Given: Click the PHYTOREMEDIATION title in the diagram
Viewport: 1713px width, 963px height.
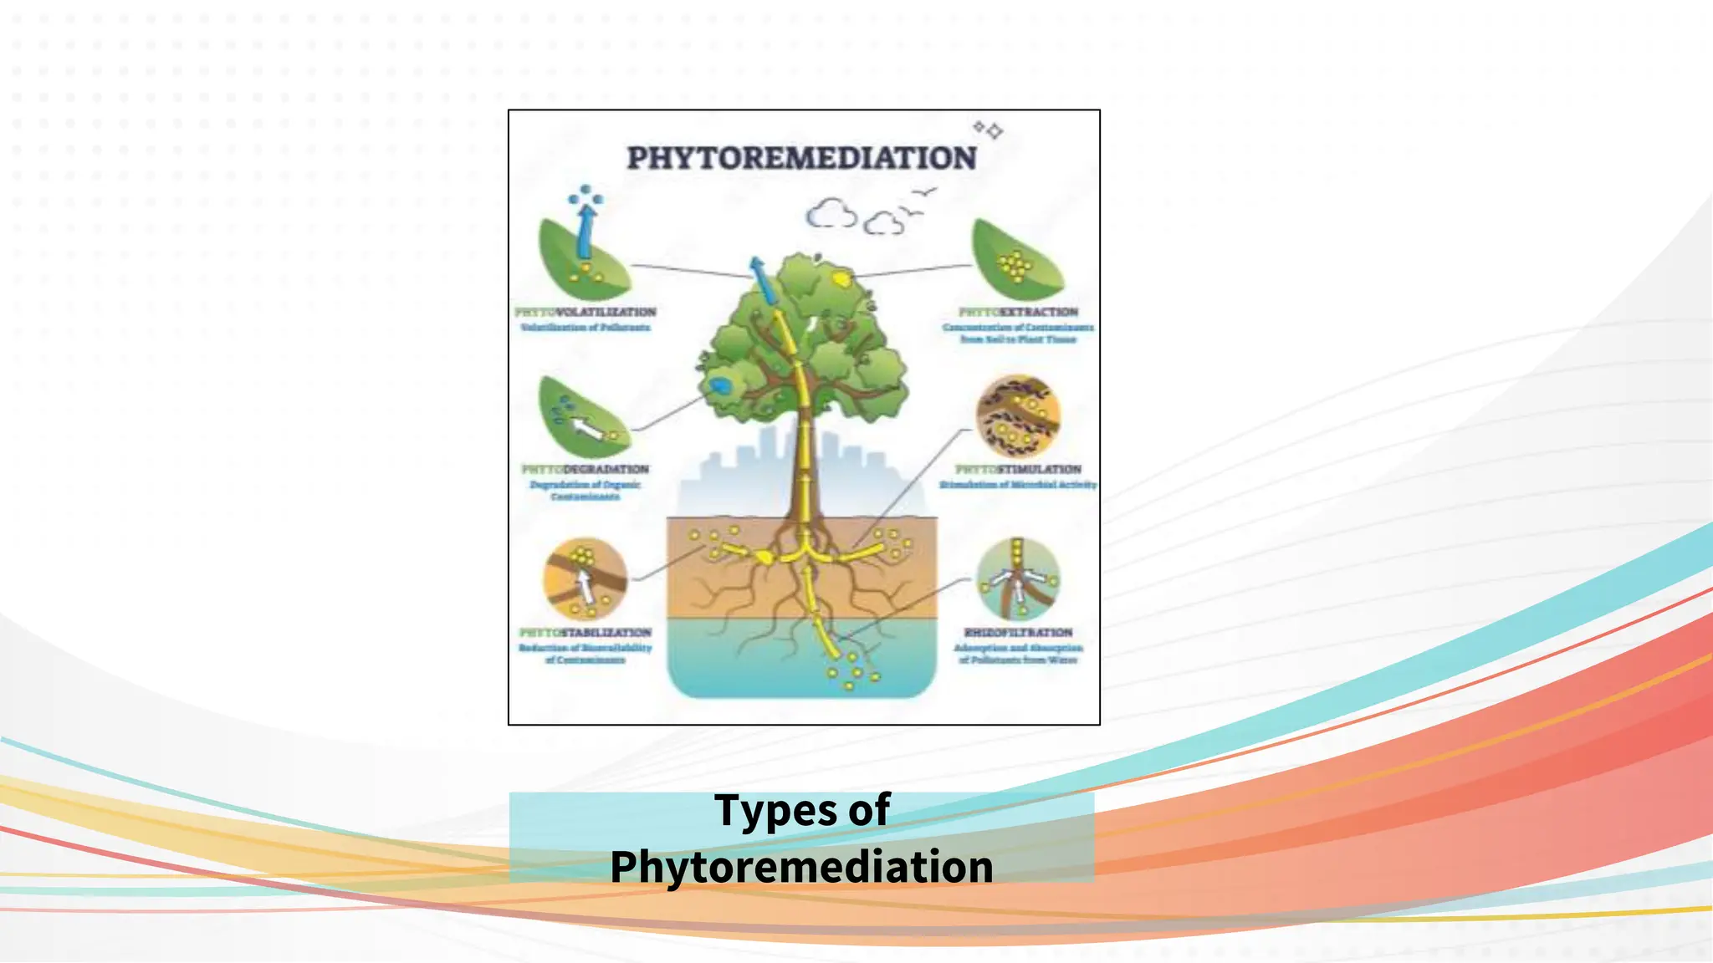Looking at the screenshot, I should point(801,158).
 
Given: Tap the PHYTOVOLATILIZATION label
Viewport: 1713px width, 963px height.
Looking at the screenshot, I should point(585,312).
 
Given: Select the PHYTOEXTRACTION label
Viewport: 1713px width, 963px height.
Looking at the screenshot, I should point(1018,312).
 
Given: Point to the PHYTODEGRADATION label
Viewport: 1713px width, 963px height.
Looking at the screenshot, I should point(585,469).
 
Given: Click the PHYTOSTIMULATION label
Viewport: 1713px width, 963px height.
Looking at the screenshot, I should point(1018,469).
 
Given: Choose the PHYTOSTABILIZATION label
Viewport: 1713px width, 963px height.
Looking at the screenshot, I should point(585,633).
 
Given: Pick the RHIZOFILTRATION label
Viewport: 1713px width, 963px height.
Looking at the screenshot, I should point(1018,633).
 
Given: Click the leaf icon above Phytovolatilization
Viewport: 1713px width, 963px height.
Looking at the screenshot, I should point(583,259).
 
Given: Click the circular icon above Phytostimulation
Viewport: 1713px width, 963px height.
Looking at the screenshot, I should point(1017,416).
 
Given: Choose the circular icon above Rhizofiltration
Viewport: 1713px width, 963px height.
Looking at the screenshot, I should point(1017,578).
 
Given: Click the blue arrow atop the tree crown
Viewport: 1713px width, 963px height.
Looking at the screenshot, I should point(762,280).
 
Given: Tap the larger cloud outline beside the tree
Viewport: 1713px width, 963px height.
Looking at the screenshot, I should point(831,215).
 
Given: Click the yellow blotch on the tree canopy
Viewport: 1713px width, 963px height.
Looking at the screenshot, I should point(841,277).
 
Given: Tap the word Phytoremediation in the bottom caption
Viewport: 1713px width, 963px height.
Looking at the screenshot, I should point(801,867).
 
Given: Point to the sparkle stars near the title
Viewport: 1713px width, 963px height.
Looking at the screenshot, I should point(988,130).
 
